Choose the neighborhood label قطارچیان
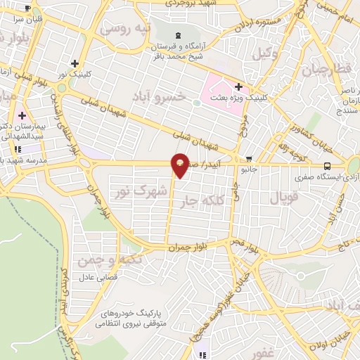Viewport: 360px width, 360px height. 325,70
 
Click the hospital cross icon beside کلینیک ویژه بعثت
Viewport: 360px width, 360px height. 239,87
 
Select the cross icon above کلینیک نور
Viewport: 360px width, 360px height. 84,63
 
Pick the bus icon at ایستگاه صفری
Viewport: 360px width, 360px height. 327,167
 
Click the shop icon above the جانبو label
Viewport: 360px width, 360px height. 248,160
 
